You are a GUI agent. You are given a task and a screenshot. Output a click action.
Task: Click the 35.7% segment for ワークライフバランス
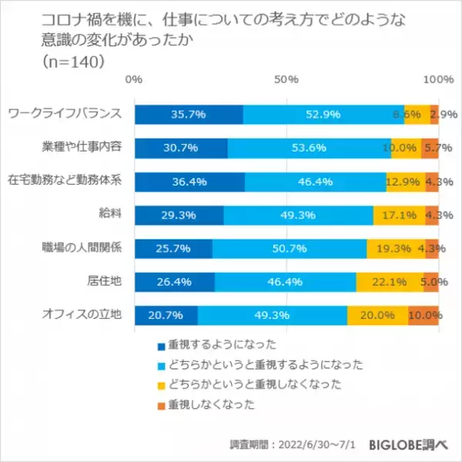pos(189,114)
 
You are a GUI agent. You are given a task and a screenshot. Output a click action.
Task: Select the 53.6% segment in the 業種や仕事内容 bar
pos(309,148)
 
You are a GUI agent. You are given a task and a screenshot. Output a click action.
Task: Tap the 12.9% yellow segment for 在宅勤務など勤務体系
pos(406,182)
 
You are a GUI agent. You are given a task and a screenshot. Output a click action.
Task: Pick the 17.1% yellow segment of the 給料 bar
pos(399,215)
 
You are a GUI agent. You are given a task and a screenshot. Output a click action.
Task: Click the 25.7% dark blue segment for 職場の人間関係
pos(173,249)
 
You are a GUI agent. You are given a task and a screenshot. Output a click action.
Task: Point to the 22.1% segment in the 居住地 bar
pos(390,282)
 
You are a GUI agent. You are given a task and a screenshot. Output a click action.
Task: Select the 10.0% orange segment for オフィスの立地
pos(423,316)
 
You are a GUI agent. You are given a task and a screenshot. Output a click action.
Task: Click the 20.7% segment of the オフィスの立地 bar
pos(166,316)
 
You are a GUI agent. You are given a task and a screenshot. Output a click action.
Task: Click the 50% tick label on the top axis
pos(286,79)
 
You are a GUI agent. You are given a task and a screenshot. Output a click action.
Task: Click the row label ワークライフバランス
pos(63,114)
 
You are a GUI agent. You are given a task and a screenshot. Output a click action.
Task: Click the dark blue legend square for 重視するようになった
pos(161,345)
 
